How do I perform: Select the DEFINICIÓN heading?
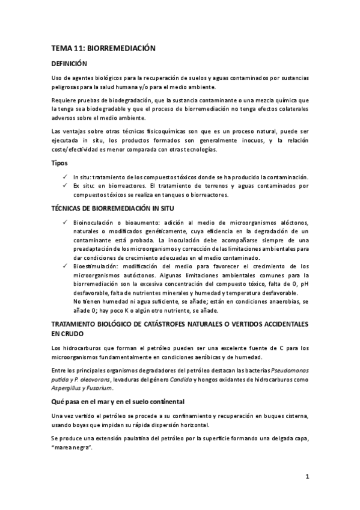[x=69, y=63]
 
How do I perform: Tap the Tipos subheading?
[x=59, y=163]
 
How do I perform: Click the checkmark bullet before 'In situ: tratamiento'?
[x=65, y=177]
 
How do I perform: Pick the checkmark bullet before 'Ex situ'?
[x=65, y=186]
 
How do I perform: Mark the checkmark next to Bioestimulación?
[x=65, y=266]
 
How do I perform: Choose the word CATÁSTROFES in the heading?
[x=177, y=324]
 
